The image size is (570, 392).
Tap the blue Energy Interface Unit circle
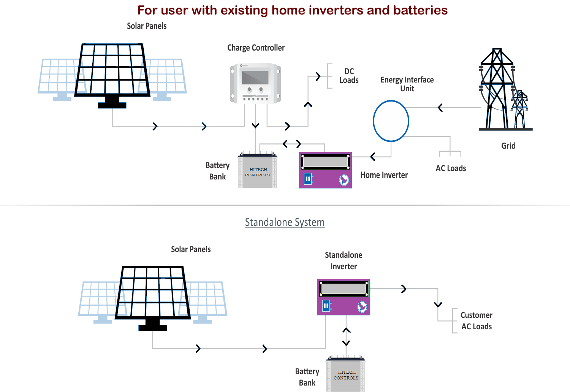pos(391,121)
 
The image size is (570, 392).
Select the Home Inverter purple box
pos(325,170)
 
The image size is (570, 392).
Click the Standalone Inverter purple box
pos(344,297)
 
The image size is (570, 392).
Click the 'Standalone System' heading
pos(285,222)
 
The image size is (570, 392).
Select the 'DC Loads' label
pos(349,76)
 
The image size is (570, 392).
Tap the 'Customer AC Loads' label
pos(476,321)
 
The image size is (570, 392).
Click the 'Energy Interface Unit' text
pos(407,84)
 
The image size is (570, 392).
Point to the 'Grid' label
pos(508,146)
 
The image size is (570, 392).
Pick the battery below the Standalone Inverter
pos(346,375)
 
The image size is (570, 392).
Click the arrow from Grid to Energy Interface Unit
pos(440,108)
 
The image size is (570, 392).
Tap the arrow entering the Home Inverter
pos(373,156)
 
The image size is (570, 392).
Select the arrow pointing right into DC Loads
pos(318,76)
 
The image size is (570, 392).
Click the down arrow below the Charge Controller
pos(255,125)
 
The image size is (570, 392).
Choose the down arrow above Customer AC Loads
pos(438,305)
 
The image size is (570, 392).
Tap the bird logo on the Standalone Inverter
pos(362,307)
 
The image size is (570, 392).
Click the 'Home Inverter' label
pos(384,175)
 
